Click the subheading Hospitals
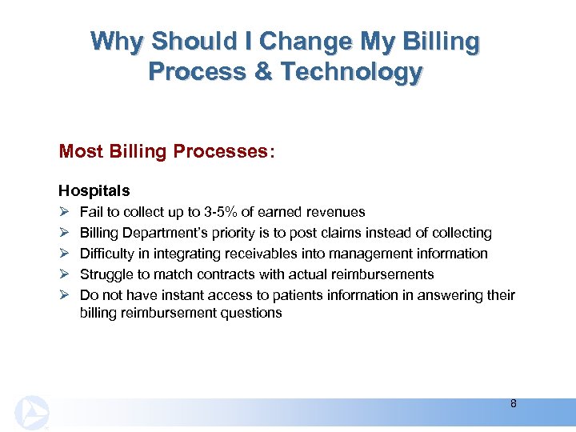[94, 191]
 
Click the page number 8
[513, 403]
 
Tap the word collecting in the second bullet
[462, 233]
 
